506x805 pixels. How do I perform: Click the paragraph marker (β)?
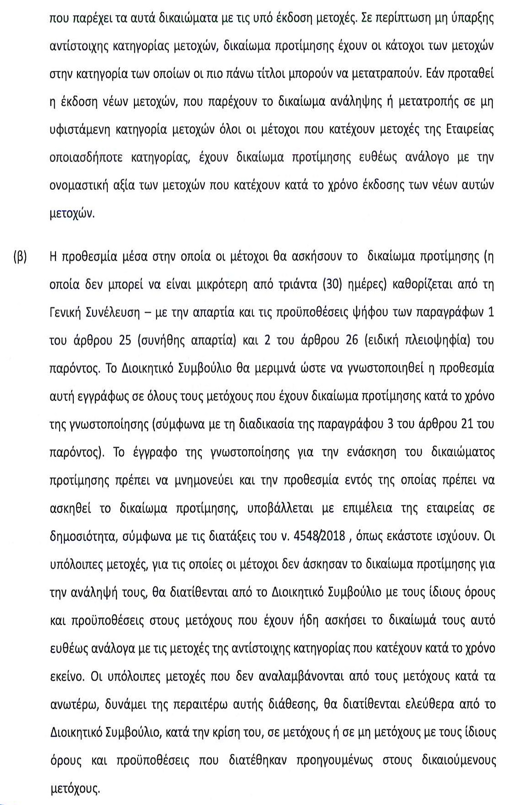tap(19, 256)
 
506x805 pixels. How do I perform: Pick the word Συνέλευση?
tap(114, 312)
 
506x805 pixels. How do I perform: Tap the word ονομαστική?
tap(79, 185)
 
